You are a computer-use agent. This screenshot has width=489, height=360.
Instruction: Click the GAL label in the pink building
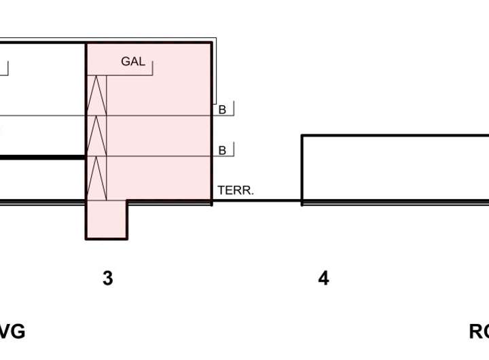[133, 62]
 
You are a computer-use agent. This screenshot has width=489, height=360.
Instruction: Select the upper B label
[222, 109]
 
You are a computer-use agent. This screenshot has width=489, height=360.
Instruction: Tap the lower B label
[222, 151]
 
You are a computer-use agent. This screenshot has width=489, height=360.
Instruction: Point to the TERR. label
[235, 192]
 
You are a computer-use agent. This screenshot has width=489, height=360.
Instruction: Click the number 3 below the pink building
[107, 278]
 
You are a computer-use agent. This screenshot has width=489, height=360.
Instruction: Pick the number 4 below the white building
[324, 278]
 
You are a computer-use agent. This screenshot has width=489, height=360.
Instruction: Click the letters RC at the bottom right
[479, 331]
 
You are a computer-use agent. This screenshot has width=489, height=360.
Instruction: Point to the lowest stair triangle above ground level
[97, 178]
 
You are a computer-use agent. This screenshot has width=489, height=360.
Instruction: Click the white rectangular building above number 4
[394, 168]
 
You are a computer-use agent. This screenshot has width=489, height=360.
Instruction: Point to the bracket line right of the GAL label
[153, 68]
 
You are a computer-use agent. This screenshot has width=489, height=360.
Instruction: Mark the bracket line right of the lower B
[233, 149]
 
